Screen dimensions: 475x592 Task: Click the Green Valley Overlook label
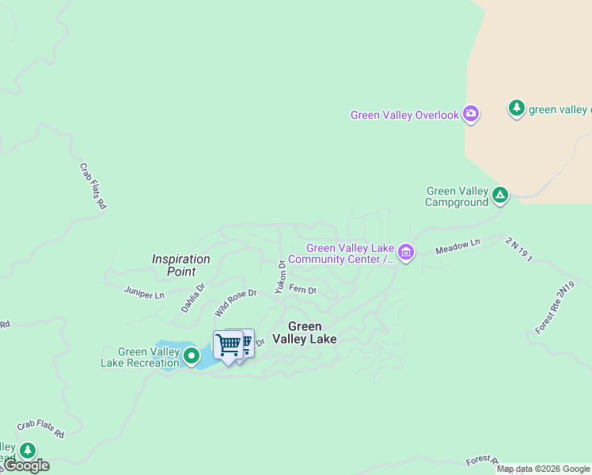click(404, 116)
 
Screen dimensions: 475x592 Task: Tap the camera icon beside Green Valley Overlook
click(471, 115)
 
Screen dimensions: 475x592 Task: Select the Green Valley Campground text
click(457, 196)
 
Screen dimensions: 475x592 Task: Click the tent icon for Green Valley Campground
click(499, 194)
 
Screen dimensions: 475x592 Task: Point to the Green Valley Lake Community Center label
click(342, 253)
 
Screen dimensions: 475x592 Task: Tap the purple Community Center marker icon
click(406, 253)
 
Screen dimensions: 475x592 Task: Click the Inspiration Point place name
click(181, 265)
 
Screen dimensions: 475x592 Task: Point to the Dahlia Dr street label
click(192, 298)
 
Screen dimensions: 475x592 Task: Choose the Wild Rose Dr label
click(236, 303)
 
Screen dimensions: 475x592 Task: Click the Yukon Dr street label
click(279, 276)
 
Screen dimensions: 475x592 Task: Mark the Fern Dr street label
click(302, 290)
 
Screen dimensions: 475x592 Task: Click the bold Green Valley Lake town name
click(305, 332)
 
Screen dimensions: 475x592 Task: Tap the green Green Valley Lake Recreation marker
click(191, 357)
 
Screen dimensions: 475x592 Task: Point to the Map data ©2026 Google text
click(544, 469)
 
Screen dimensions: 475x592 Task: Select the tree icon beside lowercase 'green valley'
click(517, 108)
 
